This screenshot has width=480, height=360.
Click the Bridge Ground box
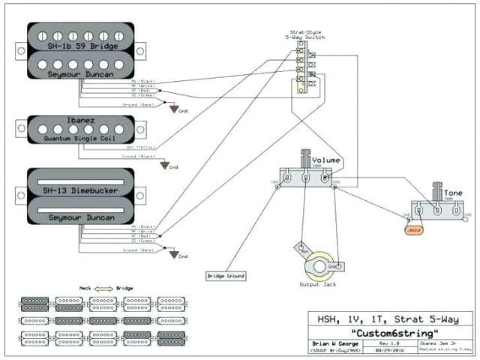[x=225, y=276]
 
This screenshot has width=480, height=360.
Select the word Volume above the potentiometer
[x=327, y=160]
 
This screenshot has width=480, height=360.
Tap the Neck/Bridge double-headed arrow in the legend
[x=102, y=288]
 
